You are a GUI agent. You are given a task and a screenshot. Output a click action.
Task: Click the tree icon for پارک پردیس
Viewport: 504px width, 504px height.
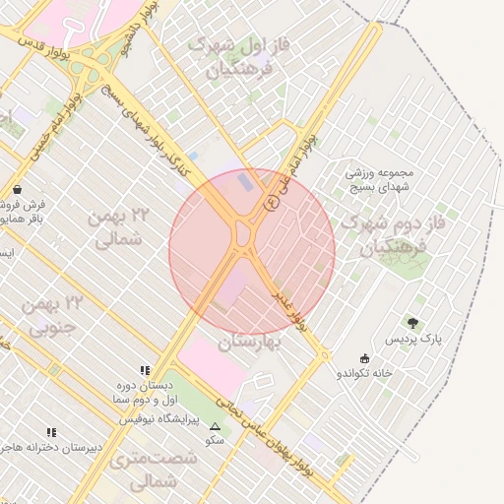(412, 323)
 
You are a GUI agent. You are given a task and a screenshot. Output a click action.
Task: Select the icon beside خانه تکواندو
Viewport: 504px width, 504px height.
(366, 358)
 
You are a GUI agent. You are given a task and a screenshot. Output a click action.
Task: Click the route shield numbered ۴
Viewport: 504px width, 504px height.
(272, 202)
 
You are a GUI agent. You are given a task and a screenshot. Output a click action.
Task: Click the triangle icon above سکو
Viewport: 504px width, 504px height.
(216, 426)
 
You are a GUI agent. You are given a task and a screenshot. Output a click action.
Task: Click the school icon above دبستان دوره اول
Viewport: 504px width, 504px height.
(146, 370)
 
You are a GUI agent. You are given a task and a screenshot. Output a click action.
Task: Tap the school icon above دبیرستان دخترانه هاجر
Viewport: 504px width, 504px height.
(51, 432)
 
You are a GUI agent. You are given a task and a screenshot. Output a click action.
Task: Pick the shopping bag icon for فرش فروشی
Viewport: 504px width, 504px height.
(18, 189)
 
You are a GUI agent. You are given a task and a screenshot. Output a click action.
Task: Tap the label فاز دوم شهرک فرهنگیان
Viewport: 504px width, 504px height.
(381, 236)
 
